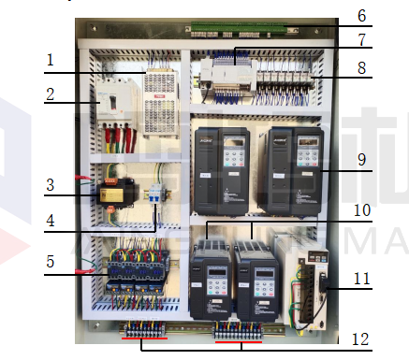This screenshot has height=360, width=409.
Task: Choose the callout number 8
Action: coord(362,68)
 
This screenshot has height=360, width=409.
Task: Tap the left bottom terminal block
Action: coord(140,330)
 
